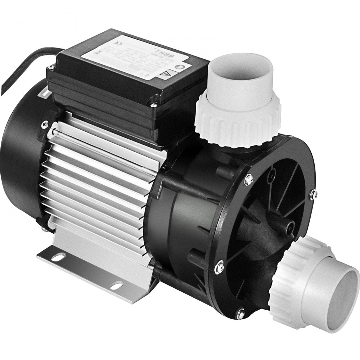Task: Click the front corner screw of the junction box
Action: coord(153,105)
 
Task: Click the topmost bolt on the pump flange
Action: coord(248,179)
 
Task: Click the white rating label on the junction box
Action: coord(137,58)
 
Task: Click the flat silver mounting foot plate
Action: coord(90,270)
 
